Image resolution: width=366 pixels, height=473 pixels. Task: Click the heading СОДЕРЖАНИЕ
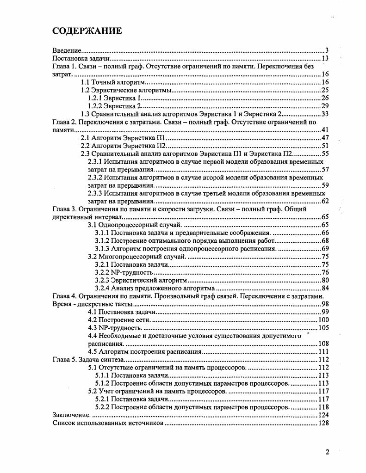(87, 31)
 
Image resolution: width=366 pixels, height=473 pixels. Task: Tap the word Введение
(67, 50)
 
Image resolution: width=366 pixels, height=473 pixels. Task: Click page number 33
(324, 114)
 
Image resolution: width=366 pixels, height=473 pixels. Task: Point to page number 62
(324, 201)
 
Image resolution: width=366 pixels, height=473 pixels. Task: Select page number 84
(324, 288)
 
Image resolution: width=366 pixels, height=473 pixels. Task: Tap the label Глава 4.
(64, 296)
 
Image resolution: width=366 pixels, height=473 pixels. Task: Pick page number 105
(323, 328)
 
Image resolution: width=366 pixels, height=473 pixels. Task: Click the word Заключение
(70, 415)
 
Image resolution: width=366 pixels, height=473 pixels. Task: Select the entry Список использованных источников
(108, 423)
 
